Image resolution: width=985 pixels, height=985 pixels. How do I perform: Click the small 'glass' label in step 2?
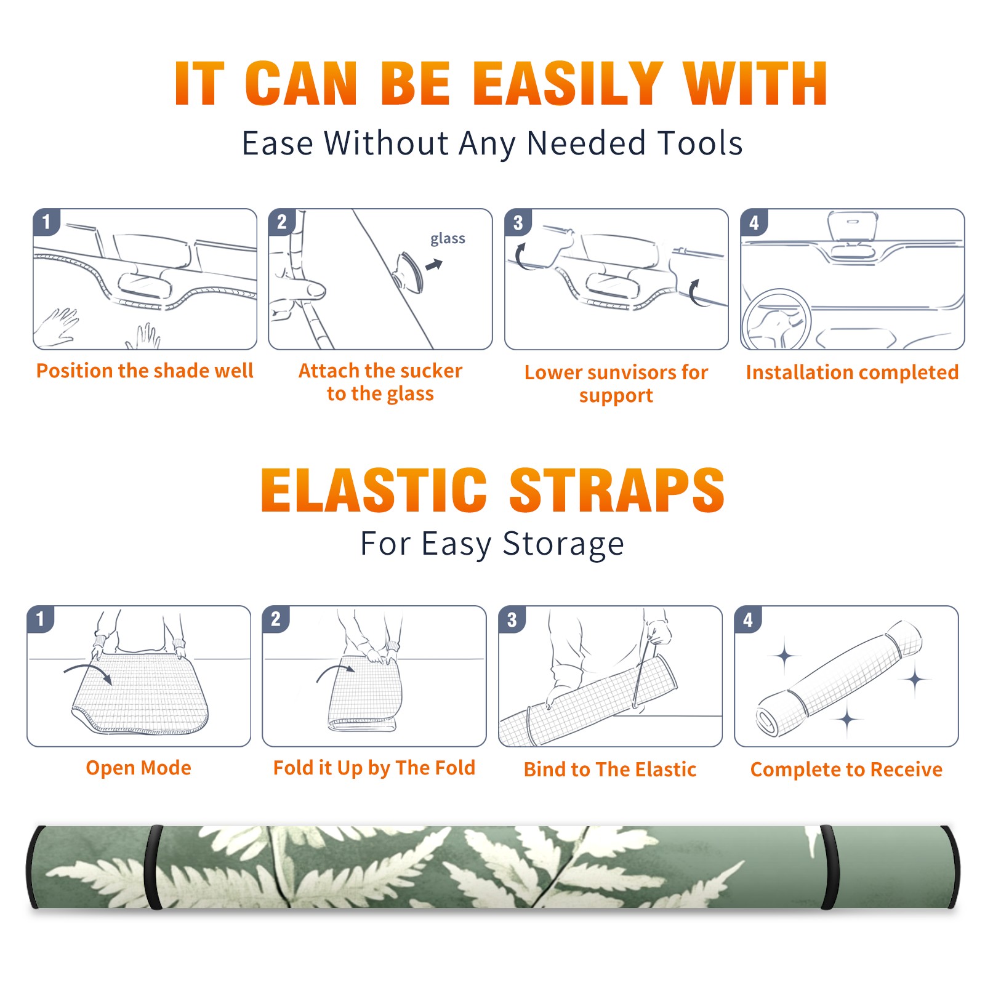448,239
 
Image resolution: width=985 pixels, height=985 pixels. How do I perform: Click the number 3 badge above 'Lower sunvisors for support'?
518,222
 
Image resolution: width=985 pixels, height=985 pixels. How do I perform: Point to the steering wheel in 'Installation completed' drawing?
777,320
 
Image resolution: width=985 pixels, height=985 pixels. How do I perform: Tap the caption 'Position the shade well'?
145,371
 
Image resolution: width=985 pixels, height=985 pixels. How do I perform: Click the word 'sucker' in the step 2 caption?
431,371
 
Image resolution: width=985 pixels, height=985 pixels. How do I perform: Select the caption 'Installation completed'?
852,372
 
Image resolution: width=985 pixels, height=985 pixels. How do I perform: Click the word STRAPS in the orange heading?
617,490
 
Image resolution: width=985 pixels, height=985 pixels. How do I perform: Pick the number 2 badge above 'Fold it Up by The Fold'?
275,619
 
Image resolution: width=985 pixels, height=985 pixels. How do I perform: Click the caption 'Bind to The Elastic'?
609,770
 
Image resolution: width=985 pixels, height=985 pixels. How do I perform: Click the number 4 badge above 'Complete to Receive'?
748,619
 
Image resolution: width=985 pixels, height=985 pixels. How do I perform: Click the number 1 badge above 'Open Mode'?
40,619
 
